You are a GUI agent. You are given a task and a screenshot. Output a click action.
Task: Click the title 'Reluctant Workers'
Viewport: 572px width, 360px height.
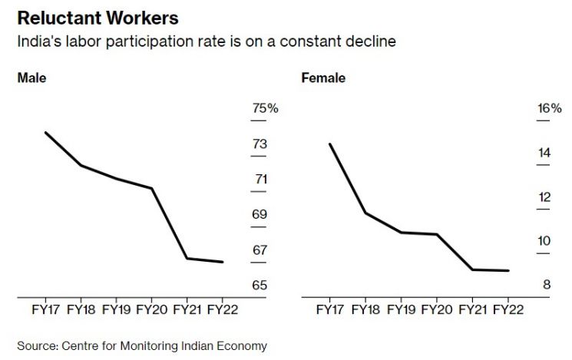point(98,18)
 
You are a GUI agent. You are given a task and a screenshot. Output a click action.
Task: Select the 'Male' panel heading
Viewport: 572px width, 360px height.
point(31,78)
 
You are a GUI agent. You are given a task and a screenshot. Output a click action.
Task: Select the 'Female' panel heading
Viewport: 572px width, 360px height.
point(323,78)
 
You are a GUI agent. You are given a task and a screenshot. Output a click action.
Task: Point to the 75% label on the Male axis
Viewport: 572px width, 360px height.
point(265,108)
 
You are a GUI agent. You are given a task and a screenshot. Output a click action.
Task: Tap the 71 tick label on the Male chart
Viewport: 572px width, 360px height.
point(261,179)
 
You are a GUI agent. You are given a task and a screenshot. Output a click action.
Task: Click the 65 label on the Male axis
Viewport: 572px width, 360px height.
point(260,285)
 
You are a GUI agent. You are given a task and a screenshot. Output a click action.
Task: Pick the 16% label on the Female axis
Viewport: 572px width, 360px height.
point(550,108)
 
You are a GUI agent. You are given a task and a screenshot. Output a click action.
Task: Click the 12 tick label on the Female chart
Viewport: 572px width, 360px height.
point(544,197)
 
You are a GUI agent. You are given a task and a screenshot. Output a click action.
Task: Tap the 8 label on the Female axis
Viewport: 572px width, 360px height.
point(547,285)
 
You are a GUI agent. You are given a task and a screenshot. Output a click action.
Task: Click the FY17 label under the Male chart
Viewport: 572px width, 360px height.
point(45,309)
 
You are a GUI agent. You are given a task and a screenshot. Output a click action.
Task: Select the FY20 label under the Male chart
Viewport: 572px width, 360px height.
point(152,309)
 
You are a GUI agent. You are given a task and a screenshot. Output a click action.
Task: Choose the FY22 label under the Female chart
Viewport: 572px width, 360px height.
point(508,309)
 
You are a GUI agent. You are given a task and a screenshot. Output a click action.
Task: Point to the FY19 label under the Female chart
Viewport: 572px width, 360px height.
point(401,309)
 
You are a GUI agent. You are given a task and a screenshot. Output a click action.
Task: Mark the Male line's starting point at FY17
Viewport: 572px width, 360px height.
point(45,132)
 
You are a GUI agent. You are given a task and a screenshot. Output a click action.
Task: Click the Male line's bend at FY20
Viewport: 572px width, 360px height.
point(151,188)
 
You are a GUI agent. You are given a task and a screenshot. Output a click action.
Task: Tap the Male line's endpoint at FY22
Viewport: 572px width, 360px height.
point(222,262)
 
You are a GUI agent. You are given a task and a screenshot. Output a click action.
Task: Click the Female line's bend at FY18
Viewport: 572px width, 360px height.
point(365,213)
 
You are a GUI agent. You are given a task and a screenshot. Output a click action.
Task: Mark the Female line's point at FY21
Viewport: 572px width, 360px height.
point(472,269)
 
